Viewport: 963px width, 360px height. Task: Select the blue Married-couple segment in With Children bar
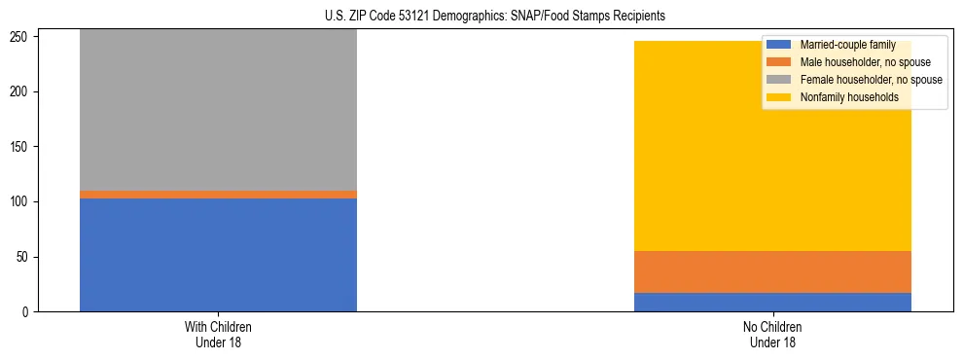218,255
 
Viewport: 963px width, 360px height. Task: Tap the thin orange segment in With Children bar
218,195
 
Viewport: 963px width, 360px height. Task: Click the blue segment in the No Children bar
772,302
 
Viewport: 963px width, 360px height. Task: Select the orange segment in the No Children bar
772,271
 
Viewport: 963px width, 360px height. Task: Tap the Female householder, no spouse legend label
871,80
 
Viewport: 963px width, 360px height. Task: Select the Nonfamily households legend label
848,97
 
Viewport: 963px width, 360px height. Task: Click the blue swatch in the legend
780,45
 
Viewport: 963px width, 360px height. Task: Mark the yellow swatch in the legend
780,97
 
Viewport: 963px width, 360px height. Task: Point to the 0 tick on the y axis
28,312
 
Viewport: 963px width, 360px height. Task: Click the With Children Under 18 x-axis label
218,334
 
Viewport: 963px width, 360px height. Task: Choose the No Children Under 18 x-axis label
772,334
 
